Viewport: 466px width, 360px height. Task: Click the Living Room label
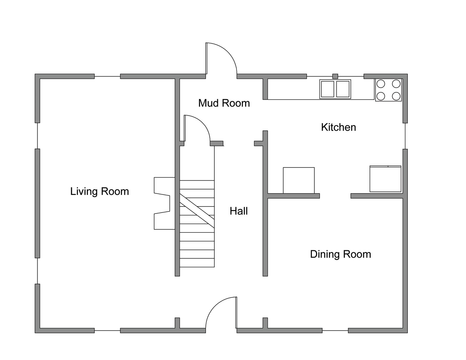[99, 191]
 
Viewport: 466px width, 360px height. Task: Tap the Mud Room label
[224, 103]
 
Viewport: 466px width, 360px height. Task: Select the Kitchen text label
[338, 127]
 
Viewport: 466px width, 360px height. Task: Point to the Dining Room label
[340, 254]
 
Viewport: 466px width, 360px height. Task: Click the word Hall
[239, 211]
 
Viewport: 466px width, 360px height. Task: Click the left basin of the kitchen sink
[327, 89]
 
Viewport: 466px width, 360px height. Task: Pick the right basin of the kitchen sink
[343, 89]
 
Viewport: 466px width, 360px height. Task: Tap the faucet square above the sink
[335, 76]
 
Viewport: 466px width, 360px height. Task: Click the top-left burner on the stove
[381, 84]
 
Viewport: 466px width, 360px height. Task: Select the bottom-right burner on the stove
[396, 96]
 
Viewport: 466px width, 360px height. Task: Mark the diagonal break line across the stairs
[197, 211]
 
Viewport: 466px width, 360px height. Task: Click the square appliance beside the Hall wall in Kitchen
[299, 180]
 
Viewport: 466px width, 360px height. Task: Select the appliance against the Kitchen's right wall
[385, 179]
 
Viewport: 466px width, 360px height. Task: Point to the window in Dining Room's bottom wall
[335, 331]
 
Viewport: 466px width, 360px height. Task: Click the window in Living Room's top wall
[107, 77]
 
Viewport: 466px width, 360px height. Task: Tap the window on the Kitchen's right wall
[405, 136]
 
